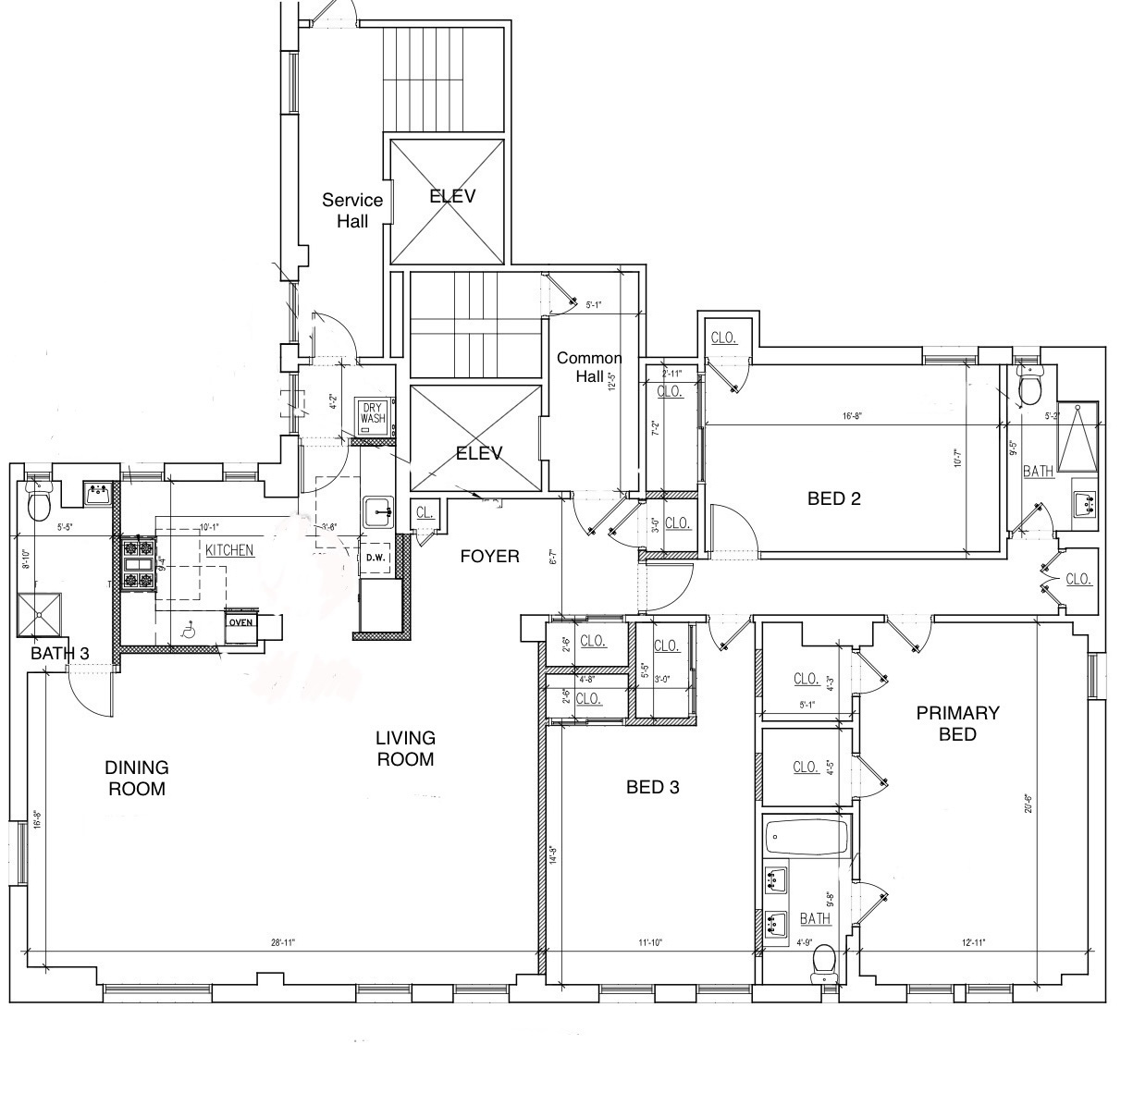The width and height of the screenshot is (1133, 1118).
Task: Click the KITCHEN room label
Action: (x=228, y=550)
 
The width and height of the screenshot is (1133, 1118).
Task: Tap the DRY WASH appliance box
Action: (x=373, y=413)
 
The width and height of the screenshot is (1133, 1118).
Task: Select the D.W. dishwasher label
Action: (x=376, y=558)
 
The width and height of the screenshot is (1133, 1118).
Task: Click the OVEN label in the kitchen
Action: (x=240, y=622)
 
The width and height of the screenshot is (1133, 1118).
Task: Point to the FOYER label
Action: (x=489, y=556)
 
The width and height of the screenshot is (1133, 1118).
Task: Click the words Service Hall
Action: (x=352, y=210)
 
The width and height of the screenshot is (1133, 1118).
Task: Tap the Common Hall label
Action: (x=589, y=367)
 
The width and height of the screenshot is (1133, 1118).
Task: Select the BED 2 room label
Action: (x=833, y=498)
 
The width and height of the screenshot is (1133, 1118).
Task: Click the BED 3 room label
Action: (x=653, y=787)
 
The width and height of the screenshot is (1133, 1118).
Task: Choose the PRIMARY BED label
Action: (x=957, y=723)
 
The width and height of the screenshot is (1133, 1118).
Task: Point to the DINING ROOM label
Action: (x=136, y=778)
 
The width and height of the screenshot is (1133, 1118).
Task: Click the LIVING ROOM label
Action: (x=405, y=748)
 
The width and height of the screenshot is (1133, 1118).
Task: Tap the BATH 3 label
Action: (x=60, y=654)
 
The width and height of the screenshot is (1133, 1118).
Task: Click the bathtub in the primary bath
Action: (x=807, y=840)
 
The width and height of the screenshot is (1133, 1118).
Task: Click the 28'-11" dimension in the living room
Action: (x=282, y=943)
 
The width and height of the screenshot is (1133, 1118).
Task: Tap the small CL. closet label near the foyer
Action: (x=425, y=512)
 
